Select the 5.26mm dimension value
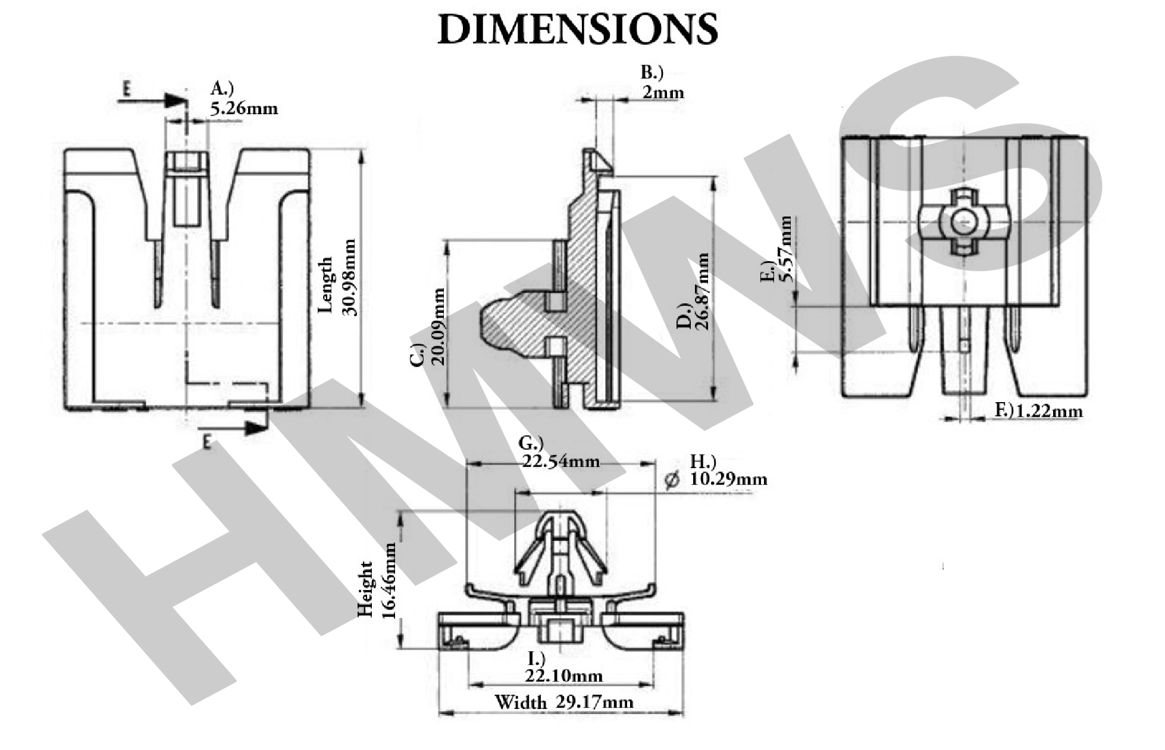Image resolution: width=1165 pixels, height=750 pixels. (244, 109)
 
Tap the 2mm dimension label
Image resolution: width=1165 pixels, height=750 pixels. (663, 93)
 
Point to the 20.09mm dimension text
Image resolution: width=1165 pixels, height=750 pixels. (439, 327)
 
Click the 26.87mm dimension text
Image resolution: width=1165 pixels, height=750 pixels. (702, 291)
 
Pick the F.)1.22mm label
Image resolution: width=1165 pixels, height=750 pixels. (1039, 411)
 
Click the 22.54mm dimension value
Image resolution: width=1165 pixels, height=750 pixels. (560, 462)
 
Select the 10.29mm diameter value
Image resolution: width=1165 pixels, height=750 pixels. (728, 479)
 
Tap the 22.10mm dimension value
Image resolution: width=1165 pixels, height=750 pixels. (563, 676)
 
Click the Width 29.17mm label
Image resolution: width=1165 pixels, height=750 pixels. (563, 702)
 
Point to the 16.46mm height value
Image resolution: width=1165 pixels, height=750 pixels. (389, 580)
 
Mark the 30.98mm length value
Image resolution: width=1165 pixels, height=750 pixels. (350, 277)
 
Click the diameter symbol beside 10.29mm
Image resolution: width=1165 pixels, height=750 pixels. (672, 480)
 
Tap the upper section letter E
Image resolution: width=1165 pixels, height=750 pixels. (126, 89)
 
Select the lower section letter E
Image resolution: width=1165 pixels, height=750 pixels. (206, 442)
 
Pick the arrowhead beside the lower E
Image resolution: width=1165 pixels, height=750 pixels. (256, 428)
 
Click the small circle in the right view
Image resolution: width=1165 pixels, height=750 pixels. (963, 222)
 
